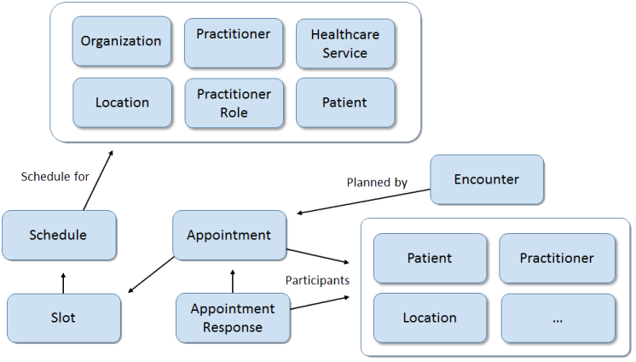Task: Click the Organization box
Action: coord(121,41)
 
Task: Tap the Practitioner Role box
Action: coord(233,102)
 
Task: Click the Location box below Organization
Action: coord(121,102)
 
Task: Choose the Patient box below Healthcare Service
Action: coord(345,102)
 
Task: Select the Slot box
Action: coord(62,317)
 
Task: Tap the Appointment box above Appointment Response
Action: coord(229,235)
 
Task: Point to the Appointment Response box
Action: coord(233,317)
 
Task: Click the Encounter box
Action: coord(486,179)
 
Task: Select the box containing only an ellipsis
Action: coord(558,318)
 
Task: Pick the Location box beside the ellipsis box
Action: coord(430,318)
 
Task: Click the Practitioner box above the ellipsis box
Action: coord(558,258)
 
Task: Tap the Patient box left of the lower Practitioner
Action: coord(430,258)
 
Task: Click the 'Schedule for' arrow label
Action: coord(55,178)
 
